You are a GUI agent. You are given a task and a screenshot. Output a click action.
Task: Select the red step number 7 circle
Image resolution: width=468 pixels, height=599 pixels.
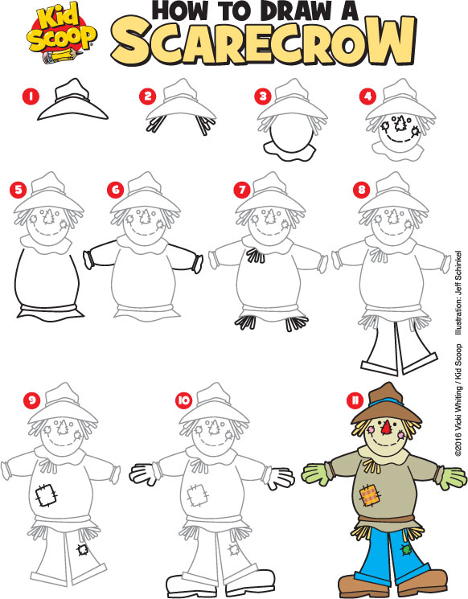point(240,190)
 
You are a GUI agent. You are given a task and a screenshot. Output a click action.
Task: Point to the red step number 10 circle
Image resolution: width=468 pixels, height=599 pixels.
point(183,399)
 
